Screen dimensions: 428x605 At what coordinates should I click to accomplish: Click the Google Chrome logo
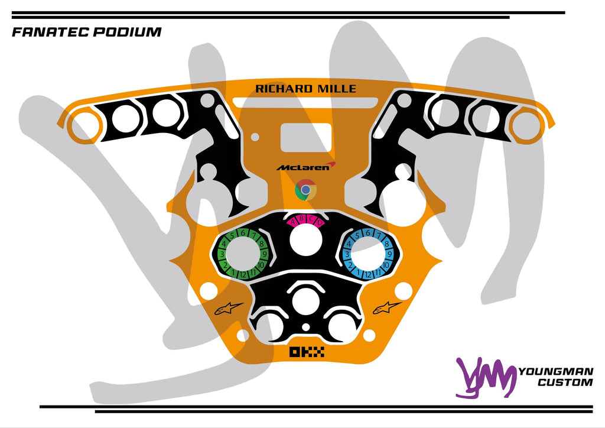pos(305,190)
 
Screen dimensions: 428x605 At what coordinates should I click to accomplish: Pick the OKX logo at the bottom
pos(307,352)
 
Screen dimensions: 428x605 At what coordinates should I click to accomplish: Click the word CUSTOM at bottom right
pos(565,382)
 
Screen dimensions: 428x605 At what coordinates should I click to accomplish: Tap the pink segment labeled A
pos(292,222)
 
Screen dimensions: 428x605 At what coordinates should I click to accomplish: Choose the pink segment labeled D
pos(320,222)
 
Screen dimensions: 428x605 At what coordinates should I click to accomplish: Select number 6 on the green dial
pos(242,233)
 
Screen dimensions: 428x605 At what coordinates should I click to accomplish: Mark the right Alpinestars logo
pos(387,307)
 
